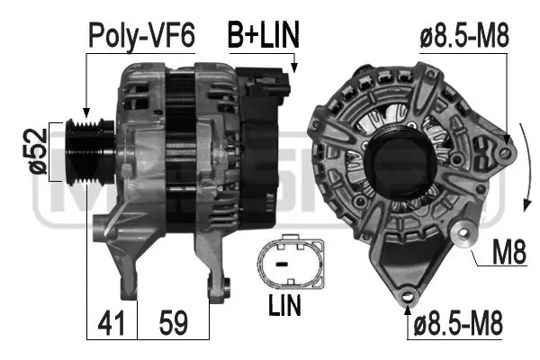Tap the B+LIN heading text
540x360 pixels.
click(262, 35)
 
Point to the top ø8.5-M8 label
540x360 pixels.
click(465, 36)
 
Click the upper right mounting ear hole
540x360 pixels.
click(506, 152)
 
